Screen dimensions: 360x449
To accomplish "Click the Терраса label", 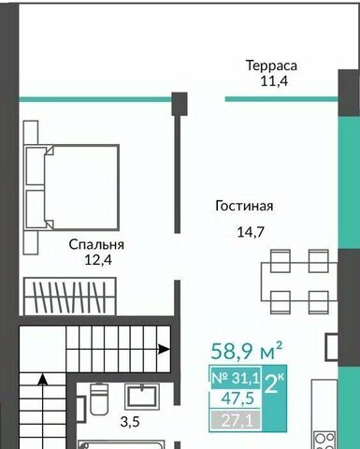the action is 271,66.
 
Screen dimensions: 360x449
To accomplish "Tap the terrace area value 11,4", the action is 274,81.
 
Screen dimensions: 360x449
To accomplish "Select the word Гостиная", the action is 244,206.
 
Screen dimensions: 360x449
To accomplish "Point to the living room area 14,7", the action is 251,232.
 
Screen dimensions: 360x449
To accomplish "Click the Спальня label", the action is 96,245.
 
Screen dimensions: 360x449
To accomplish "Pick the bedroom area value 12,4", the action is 98,260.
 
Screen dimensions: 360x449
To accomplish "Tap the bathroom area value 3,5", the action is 130,422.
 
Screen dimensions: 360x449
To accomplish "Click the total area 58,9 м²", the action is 247,351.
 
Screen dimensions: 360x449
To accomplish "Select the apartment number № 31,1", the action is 236,378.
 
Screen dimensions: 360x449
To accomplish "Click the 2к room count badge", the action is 274,384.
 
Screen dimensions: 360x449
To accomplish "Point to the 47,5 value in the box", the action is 238,398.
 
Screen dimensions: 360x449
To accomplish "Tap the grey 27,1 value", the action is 237,421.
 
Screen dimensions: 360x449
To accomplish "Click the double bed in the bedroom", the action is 72,187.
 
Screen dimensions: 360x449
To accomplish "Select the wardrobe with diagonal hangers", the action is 70,297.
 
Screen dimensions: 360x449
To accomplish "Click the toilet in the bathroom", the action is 99,398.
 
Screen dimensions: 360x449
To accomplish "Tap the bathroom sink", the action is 141,397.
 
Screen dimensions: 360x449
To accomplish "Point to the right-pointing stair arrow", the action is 164,349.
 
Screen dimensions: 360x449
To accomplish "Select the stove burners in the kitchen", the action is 324,441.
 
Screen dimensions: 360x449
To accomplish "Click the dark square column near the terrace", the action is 180,104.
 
